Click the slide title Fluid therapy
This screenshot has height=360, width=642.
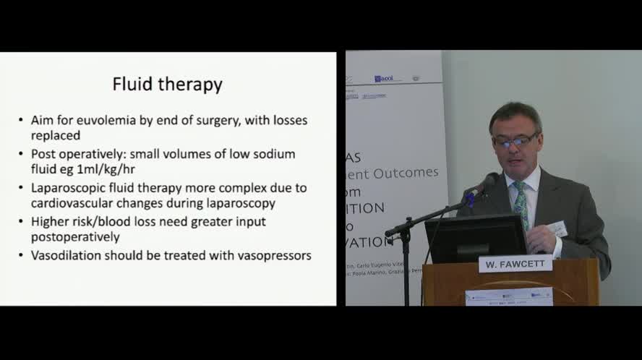coord(167,84)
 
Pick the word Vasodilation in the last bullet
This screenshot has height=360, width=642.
coord(66,255)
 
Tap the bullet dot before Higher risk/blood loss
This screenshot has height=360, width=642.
coord(21,222)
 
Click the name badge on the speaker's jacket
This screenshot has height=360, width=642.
coord(557,229)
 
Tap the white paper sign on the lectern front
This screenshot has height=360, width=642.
coord(509,296)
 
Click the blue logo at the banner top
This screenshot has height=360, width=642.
coord(383,78)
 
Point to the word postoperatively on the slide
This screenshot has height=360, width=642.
coord(75,237)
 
